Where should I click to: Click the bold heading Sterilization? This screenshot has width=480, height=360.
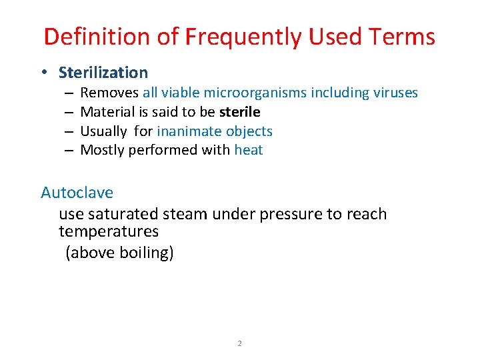103,73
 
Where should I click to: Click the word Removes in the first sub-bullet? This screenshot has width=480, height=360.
109,93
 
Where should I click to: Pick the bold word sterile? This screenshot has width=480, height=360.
239,112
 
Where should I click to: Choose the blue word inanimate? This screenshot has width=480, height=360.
189,131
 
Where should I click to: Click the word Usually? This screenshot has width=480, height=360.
105,131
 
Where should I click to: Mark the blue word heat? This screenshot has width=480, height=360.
249,151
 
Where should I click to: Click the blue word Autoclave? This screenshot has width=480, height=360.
77,193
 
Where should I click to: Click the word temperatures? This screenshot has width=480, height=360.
109,231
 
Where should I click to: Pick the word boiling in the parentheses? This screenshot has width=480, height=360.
143,253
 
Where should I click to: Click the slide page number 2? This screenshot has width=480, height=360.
239,344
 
